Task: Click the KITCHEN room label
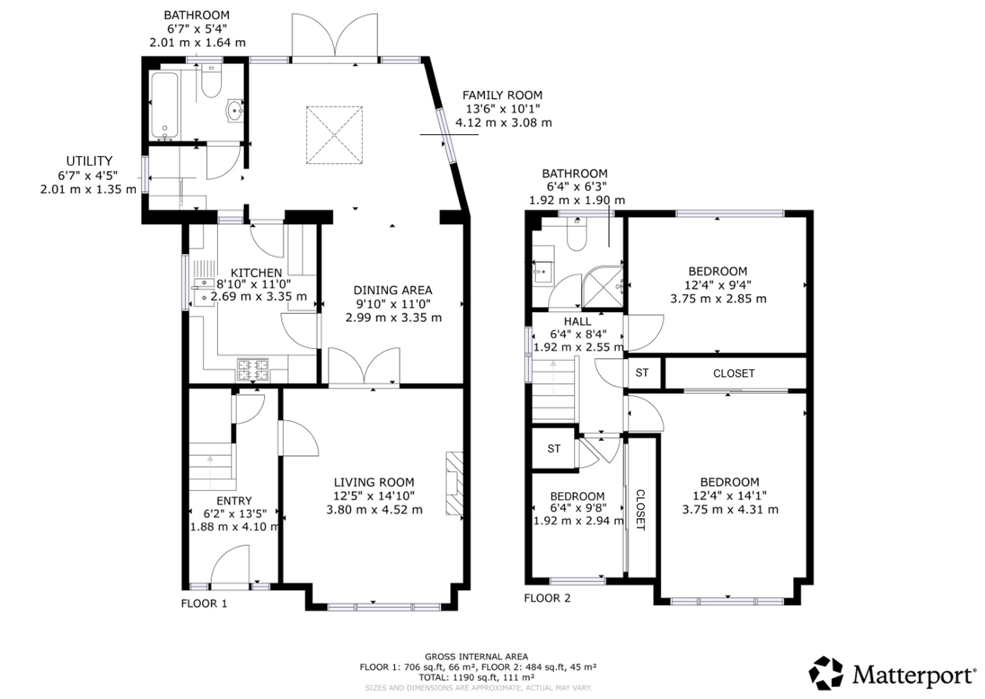coord(256,273)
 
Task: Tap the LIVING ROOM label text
coord(374,482)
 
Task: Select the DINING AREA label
coord(393,290)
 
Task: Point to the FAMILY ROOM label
coord(502,95)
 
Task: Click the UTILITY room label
coord(89,161)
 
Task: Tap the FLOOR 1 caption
coord(204,603)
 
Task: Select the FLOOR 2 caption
coord(547,598)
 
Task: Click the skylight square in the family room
coord(334,135)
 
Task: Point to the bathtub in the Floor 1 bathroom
coord(164,105)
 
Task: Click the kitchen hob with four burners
coord(253,370)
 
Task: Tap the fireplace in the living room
coord(455,484)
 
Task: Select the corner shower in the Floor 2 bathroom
coord(602,286)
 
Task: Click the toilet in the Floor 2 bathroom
coord(576,234)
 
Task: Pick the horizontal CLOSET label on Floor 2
coord(734,374)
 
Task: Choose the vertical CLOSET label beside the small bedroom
coord(641,510)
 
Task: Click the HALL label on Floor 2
coord(578,322)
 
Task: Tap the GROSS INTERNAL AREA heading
coord(476,657)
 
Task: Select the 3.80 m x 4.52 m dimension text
coord(374,510)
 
